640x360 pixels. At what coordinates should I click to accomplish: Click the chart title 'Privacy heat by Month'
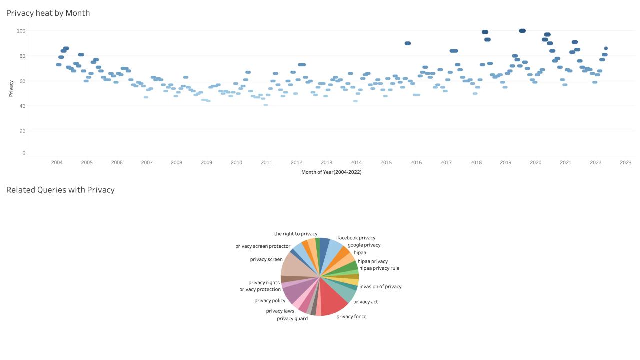pyautogui.click(x=48, y=13)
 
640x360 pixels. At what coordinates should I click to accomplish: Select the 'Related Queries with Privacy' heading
pyautogui.click(x=60, y=190)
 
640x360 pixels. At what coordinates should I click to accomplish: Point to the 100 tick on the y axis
pyautogui.click(x=21, y=31)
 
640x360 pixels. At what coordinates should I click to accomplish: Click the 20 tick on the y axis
pyautogui.click(x=22, y=131)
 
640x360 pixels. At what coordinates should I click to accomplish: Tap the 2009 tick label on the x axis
pyautogui.click(x=206, y=163)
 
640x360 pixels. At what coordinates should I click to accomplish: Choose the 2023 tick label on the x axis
pyautogui.click(x=625, y=163)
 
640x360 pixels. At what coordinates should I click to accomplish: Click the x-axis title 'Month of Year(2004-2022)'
pyautogui.click(x=331, y=172)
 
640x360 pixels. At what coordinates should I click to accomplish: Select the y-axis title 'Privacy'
pyautogui.click(x=11, y=88)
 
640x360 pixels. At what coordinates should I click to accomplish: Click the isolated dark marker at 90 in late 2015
pyautogui.click(x=408, y=43)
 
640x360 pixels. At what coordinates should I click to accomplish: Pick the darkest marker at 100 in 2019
pyautogui.click(x=522, y=31)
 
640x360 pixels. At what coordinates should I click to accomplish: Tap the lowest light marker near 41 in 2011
pyautogui.click(x=265, y=105)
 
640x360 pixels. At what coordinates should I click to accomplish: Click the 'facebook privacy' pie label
pyautogui.click(x=356, y=238)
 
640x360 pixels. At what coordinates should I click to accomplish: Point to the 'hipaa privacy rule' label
pyautogui.click(x=379, y=268)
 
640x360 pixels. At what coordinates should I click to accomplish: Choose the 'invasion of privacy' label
pyautogui.click(x=380, y=287)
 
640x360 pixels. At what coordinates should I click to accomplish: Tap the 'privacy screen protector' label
pyautogui.click(x=263, y=246)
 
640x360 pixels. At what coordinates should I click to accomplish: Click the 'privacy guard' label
pyautogui.click(x=292, y=319)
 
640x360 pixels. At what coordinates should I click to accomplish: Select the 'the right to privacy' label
pyautogui.click(x=296, y=234)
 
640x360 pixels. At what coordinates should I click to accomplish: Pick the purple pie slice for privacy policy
pyautogui.click(x=292, y=293)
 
